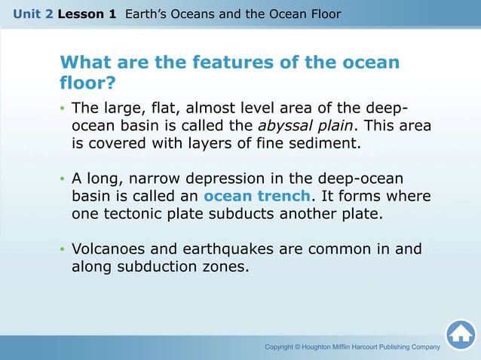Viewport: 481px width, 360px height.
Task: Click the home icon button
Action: pos(460,334)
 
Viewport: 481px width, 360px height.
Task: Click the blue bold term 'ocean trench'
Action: pos(257,196)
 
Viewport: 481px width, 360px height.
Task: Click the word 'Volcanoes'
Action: pos(109,249)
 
